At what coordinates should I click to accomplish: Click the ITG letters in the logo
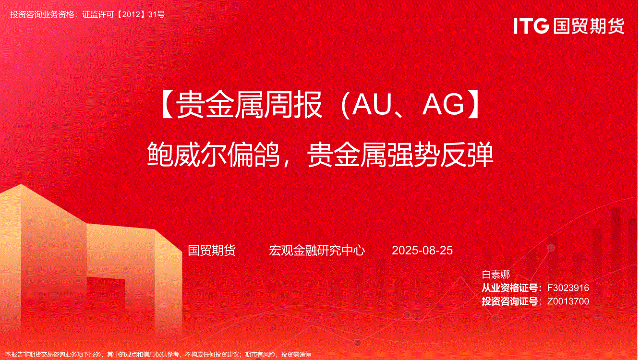pyautogui.click(x=531, y=26)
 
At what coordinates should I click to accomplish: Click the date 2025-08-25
pyautogui.click(x=422, y=251)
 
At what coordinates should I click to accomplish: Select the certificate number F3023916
pyautogui.click(x=568, y=288)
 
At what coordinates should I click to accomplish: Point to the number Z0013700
pyautogui.click(x=568, y=301)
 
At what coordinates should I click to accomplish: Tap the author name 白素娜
pyautogui.click(x=495, y=275)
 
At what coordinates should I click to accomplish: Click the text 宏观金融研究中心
pyautogui.click(x=316, y=251)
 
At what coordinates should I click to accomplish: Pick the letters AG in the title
pyautogui.click(x=443, y=104)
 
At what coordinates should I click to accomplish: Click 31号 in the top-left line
pyautogui.click(x=157, y=14)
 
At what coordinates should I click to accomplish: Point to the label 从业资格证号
pyautogui.click(x=510, y=288)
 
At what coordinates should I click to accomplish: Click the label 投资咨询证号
pyautogui.click(x=510, y=301)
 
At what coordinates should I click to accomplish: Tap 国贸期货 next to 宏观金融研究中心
pyautogui.click(x=212, y=251)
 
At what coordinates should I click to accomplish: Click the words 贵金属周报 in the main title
pyautogui.click(x=249, y=104)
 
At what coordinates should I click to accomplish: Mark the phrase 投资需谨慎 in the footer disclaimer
pyautogui.click(x=296, y=355)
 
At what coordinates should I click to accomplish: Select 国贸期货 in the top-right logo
pyautogui.click(x=589, y=26)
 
